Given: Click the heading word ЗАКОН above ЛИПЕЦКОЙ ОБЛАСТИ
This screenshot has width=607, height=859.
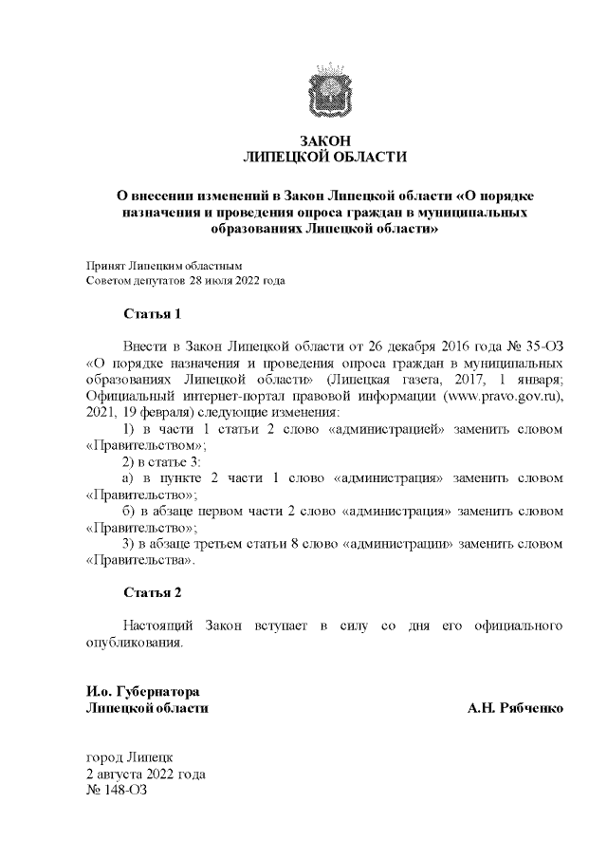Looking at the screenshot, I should tap(325, 140).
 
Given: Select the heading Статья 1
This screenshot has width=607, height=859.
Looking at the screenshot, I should tap(152, 313).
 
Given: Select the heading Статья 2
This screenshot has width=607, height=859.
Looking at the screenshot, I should tap(152, 592).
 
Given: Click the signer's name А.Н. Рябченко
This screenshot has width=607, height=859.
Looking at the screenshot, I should tap(516, 708).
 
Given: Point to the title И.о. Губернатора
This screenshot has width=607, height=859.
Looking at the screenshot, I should tap(142, 691).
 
